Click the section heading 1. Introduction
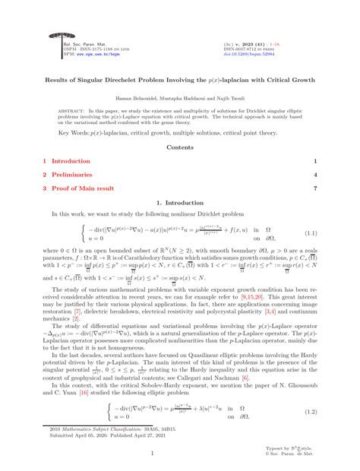179,204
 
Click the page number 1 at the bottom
180,455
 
